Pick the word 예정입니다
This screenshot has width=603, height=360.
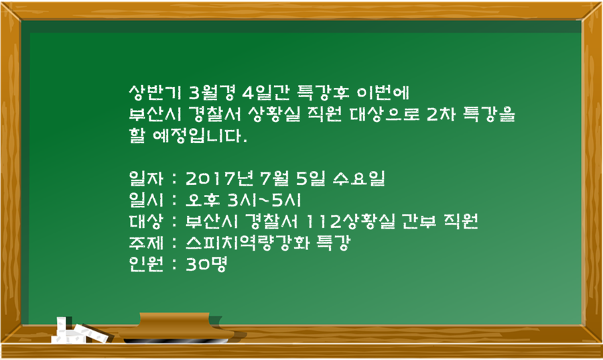click(x=200, y=135)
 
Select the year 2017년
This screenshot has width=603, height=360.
click(x=219, y=178)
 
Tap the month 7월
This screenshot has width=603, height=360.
click(x=275, y=178)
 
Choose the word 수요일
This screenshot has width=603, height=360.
click(x=359, y=178)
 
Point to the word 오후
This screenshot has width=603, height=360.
click(x=202, y=200)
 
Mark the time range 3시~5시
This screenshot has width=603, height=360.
click(x=264, y=200)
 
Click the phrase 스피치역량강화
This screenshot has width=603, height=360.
click(x=247, y=243)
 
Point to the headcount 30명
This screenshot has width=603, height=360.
click(x=207, y=264)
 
